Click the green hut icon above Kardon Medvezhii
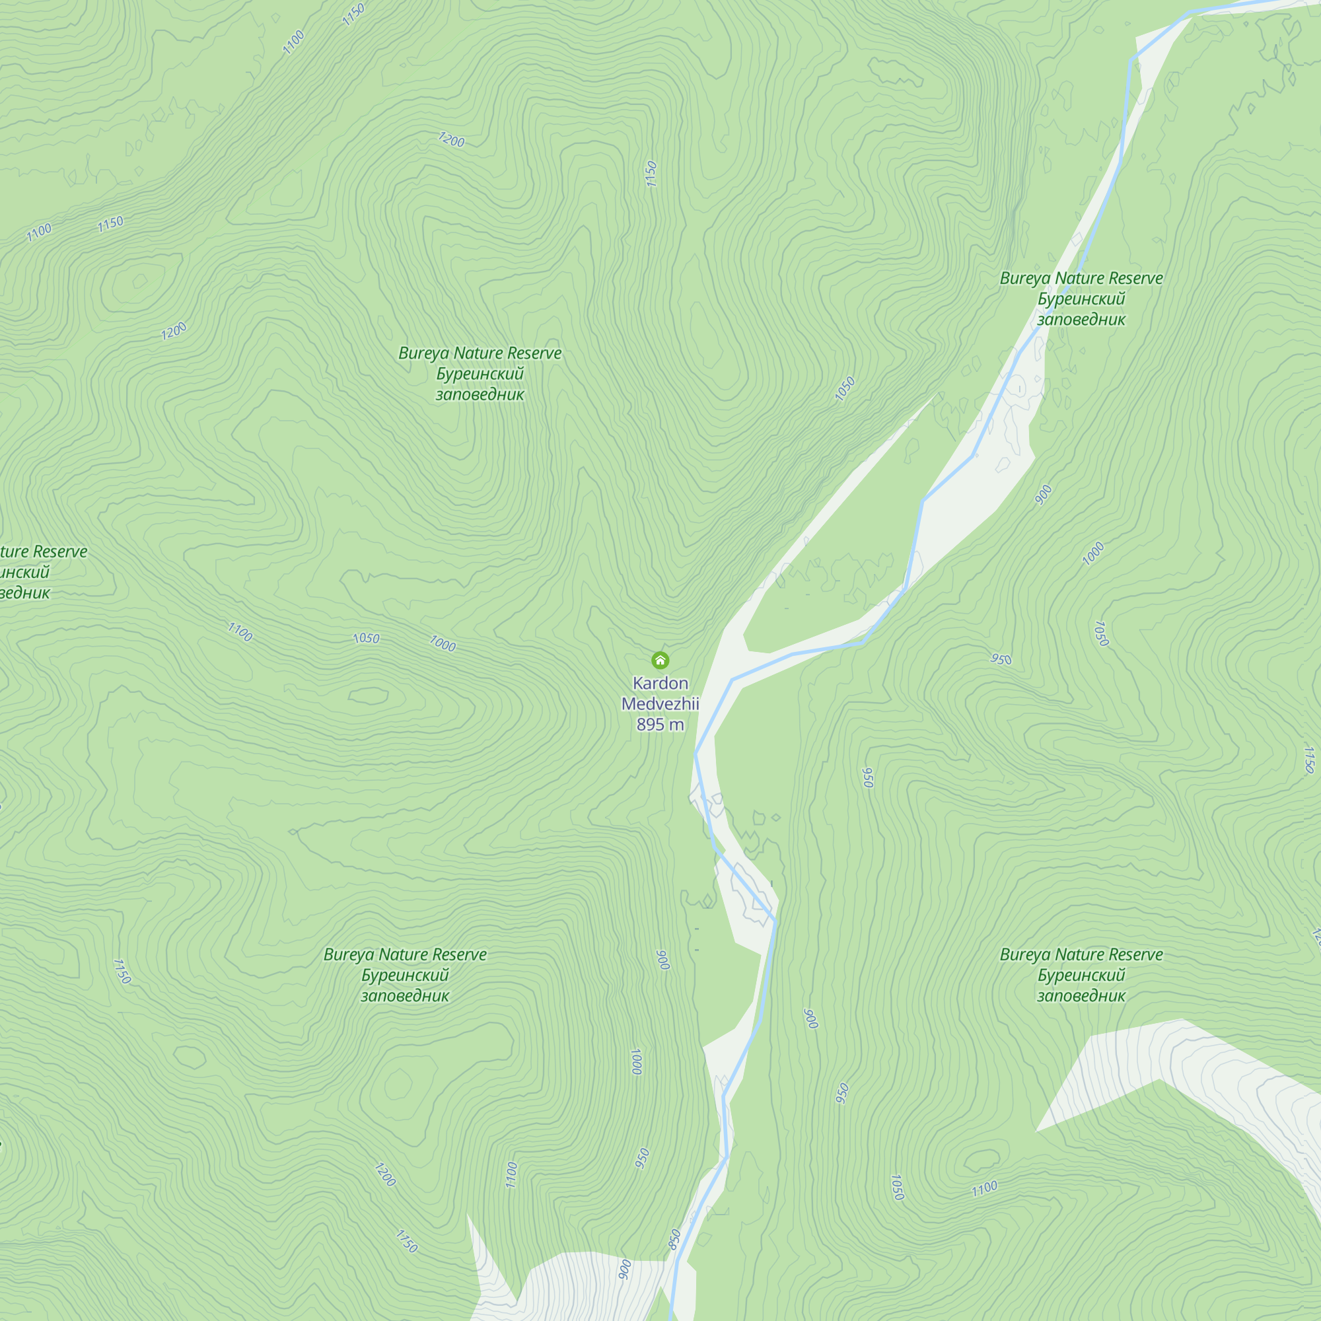[x=660, y=660]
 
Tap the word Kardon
[x=660, y=683]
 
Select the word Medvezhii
[x=660, y=703]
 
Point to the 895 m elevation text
[x=660, y=724]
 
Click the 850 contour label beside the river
[x=675, y=1240]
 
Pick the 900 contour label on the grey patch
[x=624, y=1269]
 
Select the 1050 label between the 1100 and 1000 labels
[x=366, y=638]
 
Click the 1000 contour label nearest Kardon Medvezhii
[x=443, y=643]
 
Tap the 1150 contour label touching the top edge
[x=353, y=15]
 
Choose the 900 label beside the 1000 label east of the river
[x=1044, y=494]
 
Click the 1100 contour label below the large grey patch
[x=985, y=1189]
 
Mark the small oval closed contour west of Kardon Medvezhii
[x=369, y=696]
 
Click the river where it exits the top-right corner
[x=1299, y=2]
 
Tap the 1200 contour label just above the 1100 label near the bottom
[x=385, y=1174]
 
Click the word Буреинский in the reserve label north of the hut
[x=480, y=374]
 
